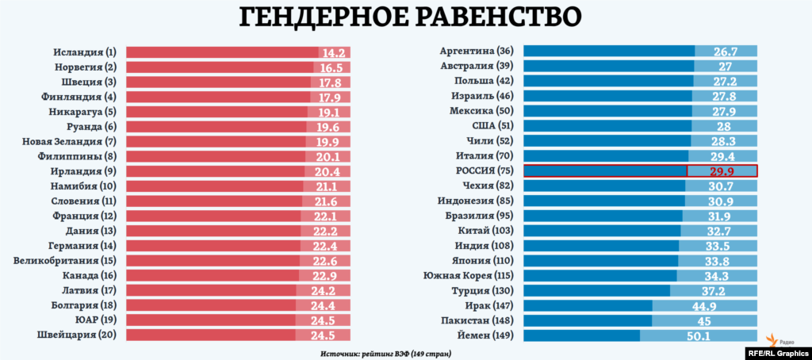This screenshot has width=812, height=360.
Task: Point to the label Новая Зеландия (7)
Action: pos(69,142)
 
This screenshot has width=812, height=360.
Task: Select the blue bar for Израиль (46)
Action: pos(607,96)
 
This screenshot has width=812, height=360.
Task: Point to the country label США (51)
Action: pos(492,125)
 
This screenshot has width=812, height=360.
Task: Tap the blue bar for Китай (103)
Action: pos(602,231)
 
